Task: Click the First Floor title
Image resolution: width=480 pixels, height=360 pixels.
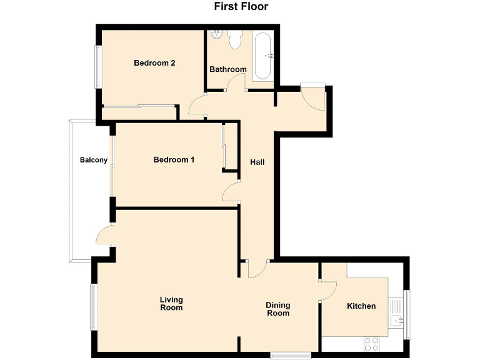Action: (241, 7)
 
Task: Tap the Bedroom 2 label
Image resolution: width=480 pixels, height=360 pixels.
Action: (154, 62)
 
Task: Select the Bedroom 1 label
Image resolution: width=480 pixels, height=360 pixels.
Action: (174, 159)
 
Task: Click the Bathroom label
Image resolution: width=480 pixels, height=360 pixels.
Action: (227, 69)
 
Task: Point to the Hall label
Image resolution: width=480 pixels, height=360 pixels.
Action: (257, 162)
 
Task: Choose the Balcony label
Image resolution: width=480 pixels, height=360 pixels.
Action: (94, 160)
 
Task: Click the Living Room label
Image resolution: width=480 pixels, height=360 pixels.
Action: (171, 303)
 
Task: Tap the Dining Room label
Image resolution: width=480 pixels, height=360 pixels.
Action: (278, 309)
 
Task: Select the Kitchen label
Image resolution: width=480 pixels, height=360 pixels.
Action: (361, 306)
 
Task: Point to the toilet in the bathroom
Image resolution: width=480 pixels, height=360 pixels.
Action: (236, 41)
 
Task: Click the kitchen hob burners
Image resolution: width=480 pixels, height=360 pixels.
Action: (372, 343)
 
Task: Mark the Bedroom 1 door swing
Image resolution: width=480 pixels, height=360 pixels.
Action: (231, 192)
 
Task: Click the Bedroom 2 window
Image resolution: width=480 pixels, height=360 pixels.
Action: (97, 66)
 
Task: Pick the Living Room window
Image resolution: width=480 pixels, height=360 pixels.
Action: (93, 306)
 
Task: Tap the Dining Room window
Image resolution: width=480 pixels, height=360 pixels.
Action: (290, 355)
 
